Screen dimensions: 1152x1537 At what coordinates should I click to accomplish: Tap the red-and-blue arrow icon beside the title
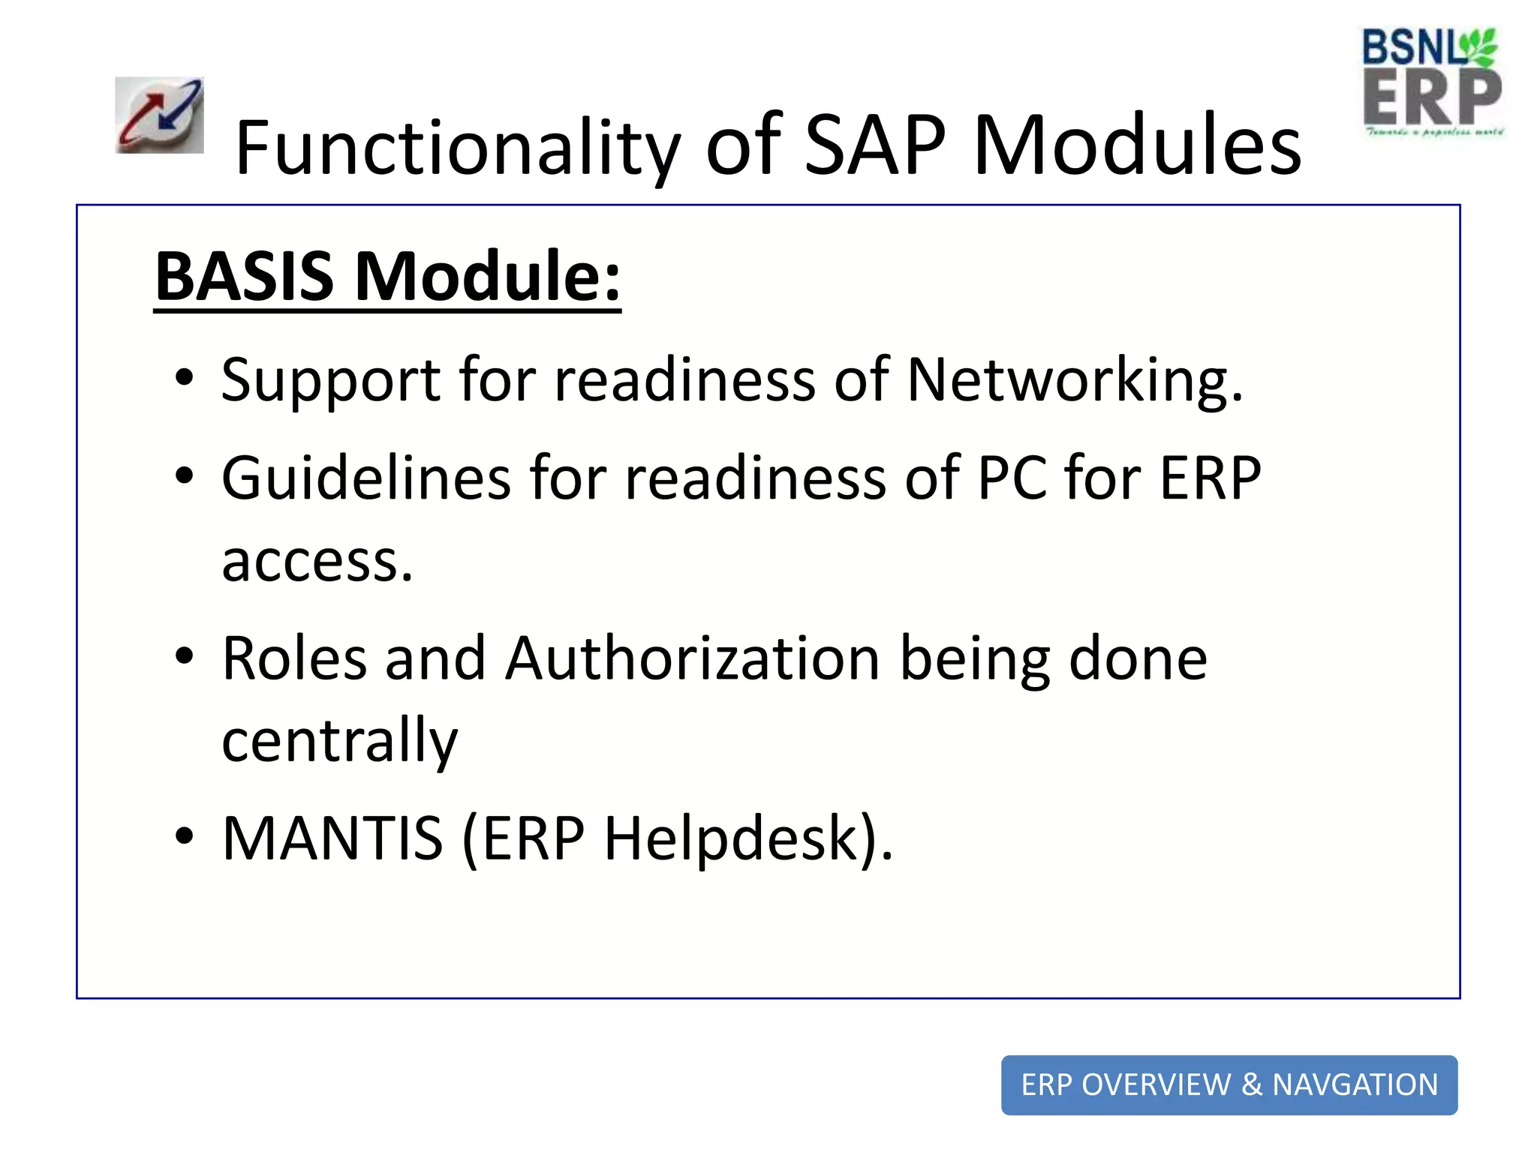(x=159, y=115)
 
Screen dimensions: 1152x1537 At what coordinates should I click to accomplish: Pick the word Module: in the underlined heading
(x=487, y=276)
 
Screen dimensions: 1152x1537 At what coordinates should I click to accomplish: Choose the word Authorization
(x=692, y=658)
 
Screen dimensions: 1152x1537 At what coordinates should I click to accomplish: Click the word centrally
(x=339, y=741)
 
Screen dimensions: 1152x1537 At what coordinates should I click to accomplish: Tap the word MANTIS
(x=332, y=838)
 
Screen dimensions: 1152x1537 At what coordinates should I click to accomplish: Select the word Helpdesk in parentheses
(x=731, y=838)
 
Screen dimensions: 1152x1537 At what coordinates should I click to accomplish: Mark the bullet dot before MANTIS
(x=184, y=835)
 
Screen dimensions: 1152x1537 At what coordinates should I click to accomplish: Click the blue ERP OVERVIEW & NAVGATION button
(x=1229, y=1084)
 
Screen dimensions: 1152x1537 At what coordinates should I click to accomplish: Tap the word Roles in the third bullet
(x=295, y=658)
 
